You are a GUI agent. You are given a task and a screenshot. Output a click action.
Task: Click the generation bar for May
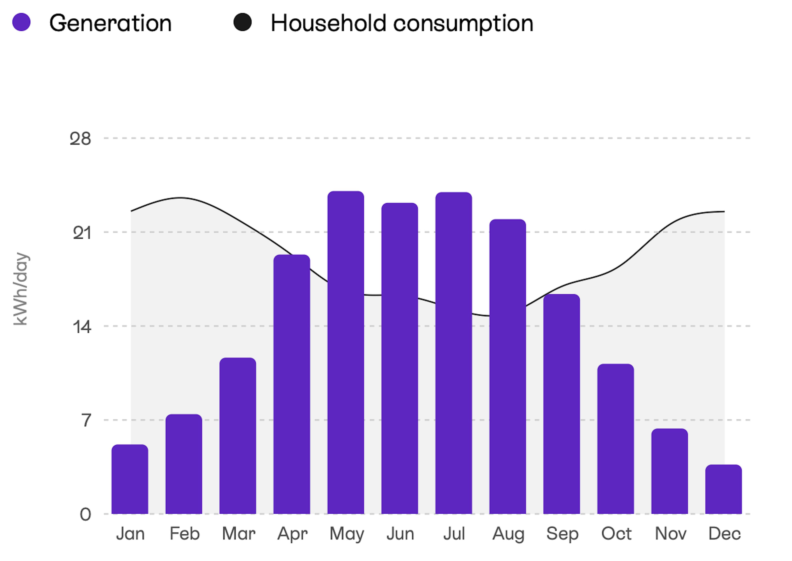(x=346, y=352)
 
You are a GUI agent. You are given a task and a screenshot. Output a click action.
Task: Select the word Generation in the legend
(x=111, y=24)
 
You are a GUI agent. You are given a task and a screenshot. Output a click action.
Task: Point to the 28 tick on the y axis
(x=80, y=139)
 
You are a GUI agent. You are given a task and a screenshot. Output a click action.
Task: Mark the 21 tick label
(x=82, y=233)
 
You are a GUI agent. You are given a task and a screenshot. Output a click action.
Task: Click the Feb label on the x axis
(x=184, y=534)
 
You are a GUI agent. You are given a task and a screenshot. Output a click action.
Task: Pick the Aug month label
(x=508, y=534)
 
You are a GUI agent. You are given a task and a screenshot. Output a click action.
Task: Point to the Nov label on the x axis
(x=671, y=534)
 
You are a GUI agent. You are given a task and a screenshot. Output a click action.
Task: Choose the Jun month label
(x=400, y=534)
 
